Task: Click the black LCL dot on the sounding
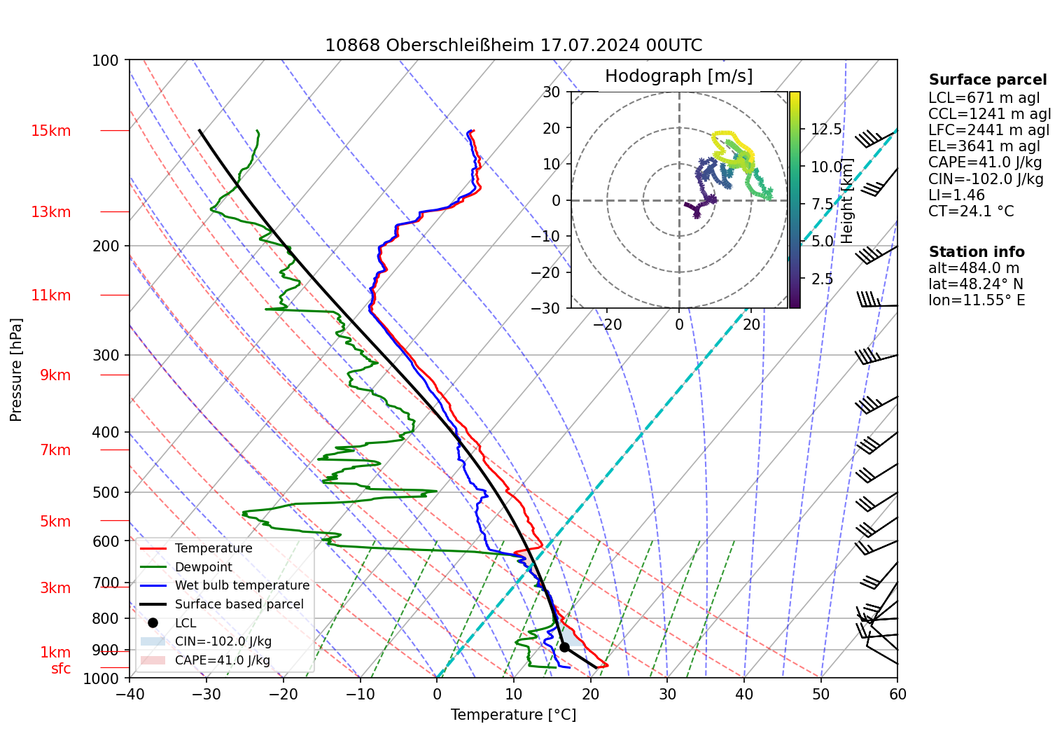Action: (564, 647)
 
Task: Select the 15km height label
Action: (50, 131)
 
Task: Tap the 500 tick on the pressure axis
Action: (106, 492)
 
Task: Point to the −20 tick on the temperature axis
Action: (284, 694)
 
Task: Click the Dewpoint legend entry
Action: (203, 567)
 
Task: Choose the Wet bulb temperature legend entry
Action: (242, 585)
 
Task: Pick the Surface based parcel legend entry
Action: (239, 604)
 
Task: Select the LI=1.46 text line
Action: (956, 195)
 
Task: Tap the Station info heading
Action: (977, 252)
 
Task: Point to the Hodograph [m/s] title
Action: (678, 76)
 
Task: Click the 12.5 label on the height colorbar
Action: (826, 130)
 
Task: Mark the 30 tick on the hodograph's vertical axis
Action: (552, 92)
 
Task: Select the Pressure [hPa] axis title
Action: (16, 370)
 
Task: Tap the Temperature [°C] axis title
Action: (513, 715)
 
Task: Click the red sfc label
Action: (61, 669)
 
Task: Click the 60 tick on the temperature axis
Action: (897, 694)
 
